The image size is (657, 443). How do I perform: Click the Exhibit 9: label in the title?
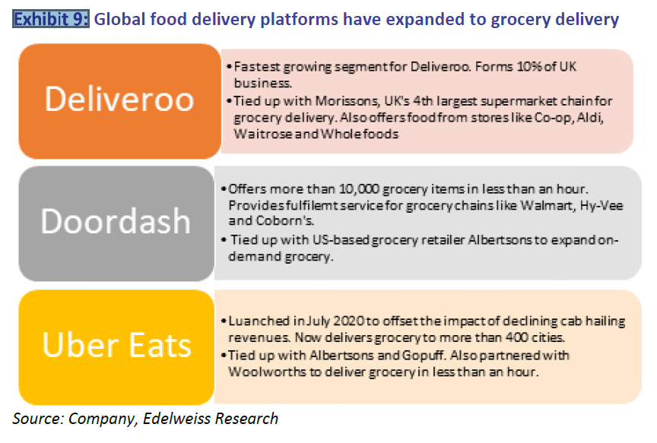pyautogui.click(x=51, y=19)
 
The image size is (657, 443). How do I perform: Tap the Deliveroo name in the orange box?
pyautogui.click(x=119, y=100)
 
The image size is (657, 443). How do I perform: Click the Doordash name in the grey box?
pyautogui.click(x=116, y=220)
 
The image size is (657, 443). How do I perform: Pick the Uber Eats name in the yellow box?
pyautogui.click(x=117, y=345)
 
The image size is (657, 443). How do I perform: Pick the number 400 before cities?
pyautogui.click(x=516, y=337)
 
